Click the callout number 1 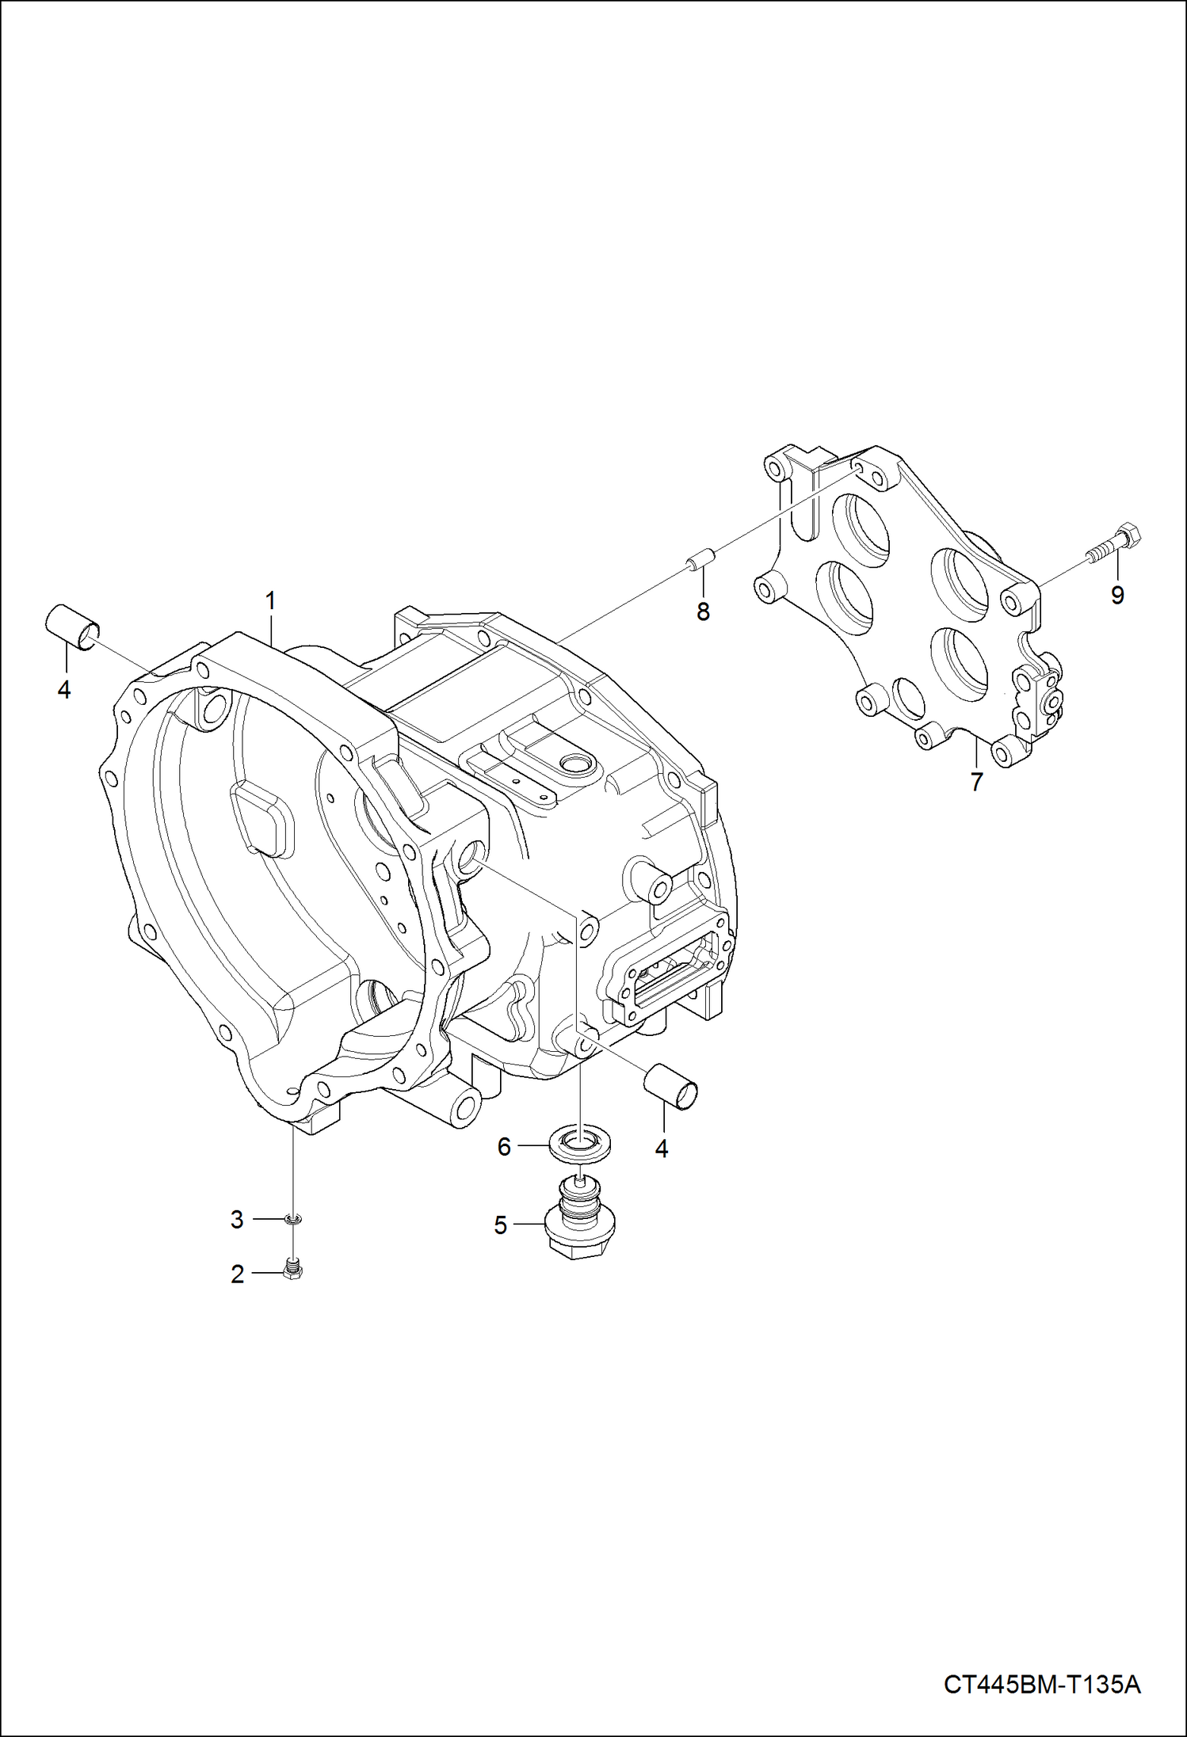click(x=270, y=601)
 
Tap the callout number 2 click(x=237, y=1274)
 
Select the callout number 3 click(x=237, y=1220)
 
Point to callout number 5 click(x=500, y=1225)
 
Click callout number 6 click(x=504, y=1146)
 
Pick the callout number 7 click(x=976, y=782)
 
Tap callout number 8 click(x=703, y=611)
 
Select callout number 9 click(x=1117, y=595)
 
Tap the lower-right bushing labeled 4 click(x=672, y=1084)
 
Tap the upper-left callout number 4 click(x=64, y=689)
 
